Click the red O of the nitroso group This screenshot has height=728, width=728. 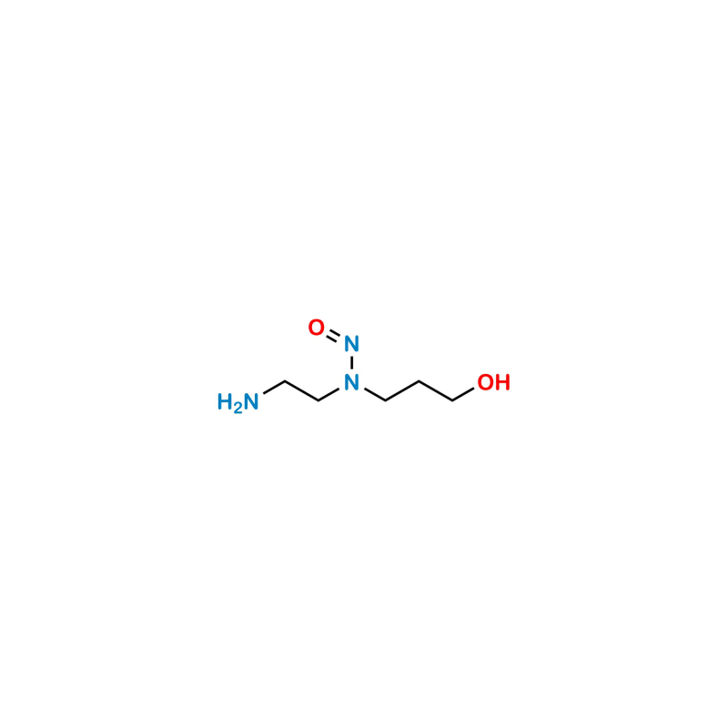316,328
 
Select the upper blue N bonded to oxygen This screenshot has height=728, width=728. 351,344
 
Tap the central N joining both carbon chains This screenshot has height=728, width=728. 351,382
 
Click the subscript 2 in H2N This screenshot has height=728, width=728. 238,408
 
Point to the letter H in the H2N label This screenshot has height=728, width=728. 225,401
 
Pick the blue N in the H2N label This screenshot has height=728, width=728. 251,401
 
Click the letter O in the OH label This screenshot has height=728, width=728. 486,382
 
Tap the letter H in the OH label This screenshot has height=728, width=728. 502,382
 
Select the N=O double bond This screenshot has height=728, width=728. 333,335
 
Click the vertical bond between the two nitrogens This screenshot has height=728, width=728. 351,363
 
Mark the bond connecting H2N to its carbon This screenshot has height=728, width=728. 274,388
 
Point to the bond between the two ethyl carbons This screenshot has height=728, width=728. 302,391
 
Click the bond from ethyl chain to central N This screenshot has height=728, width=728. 329,394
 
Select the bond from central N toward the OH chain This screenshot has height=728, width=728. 375,394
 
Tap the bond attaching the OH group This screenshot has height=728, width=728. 463,394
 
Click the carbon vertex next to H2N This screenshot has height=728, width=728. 285,381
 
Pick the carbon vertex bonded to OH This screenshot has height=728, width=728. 452,400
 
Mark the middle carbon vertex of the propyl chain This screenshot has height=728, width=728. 420,381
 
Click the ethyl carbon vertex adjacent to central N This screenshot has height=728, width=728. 318,400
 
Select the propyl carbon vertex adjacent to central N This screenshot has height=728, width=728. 385,400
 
